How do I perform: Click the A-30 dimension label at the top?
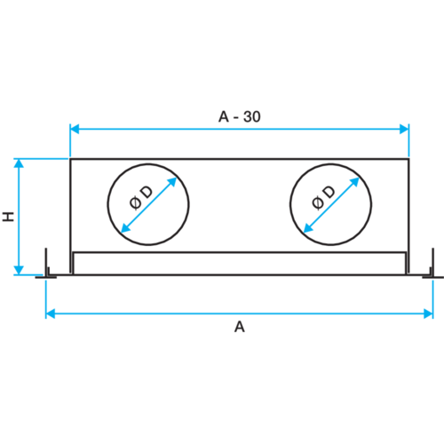click(239, 116)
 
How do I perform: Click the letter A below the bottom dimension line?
click(238, 328)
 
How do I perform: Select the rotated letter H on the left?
click(7, 217)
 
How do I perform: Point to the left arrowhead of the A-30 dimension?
click(76, 130)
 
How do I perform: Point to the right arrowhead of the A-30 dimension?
click(403, 130)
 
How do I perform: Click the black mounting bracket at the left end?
click(47, 266)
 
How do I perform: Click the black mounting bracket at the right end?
click(432, 266)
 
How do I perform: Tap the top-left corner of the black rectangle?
click(69, 159)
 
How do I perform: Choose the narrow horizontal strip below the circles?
click(240, 264)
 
